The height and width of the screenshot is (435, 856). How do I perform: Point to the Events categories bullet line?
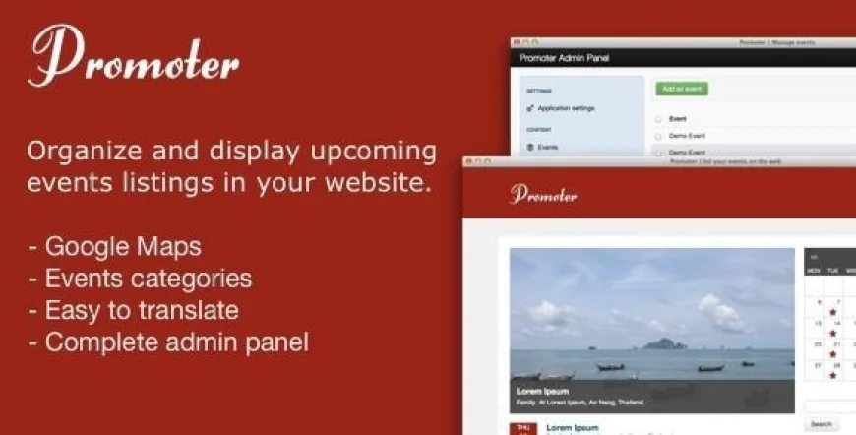click(x=148, y=279)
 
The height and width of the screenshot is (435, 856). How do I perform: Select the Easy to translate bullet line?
click(x=142, y=311)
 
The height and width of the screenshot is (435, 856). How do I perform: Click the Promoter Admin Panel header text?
click(x=564, y=59)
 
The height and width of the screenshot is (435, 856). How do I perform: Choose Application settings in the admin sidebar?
click(x=566, y=108)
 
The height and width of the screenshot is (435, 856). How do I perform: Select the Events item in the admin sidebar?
click(x=547, y=147)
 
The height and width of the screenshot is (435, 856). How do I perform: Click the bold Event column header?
click(x=677, y=118)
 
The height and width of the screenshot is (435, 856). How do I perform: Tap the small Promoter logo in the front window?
click(x=543, y=194)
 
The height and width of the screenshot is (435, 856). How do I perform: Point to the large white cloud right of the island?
click(x=721, y=314)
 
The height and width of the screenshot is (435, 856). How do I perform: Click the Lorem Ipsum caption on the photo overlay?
click(x=537, y=391)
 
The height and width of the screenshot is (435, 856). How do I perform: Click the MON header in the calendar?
click(x=814, y=270)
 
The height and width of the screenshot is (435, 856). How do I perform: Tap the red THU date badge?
click(x=522, y=428)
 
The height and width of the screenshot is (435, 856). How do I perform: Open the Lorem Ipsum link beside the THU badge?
click(x=573, y=428)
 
